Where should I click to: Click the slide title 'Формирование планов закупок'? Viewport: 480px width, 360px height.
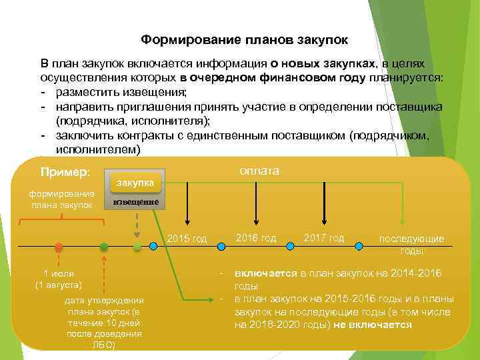pos(244,41)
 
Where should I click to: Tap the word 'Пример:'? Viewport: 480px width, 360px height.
pos(65,172)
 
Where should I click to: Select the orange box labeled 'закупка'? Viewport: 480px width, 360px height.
pos(135,183)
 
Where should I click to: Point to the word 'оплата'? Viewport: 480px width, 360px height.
pos(260,171)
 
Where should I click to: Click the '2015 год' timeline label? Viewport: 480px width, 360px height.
pos(187,238)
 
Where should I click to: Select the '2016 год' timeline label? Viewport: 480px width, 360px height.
pos(256,237)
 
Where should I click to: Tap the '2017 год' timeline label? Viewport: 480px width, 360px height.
pos(324,237)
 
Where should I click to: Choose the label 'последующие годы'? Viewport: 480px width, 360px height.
pos(411,245)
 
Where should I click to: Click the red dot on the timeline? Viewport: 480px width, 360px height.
pos(59,247)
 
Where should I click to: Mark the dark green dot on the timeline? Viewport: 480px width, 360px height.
pos(103,247)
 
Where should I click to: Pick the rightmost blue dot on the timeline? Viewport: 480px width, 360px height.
pos(359,247)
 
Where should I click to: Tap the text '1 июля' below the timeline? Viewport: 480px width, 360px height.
pos(59,273)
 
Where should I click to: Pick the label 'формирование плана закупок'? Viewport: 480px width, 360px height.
pos(61,199)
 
